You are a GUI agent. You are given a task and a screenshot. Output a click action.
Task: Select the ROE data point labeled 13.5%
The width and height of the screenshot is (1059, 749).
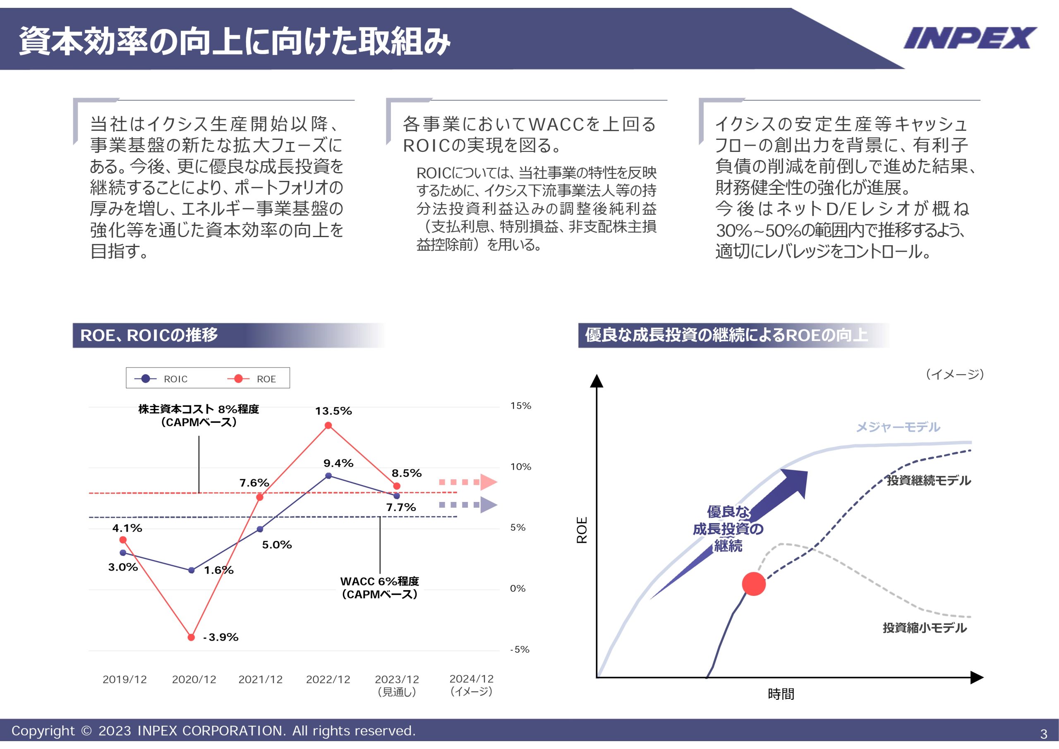pyautogui.click(x=328, y=425)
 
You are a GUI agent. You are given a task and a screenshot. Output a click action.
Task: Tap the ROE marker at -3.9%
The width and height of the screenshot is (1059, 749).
pyautogui.click(x=192, y=637)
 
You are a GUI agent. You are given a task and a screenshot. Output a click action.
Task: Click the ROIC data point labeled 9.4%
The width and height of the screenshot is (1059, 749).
pyautogui.click(x=328, y=476)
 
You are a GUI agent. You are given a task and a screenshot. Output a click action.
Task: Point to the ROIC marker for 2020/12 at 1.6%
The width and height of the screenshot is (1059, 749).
pyautogui.click(x=192, y=570)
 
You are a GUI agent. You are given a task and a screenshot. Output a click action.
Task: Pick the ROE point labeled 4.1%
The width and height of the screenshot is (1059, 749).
pyautogui.click(x=123, y=540)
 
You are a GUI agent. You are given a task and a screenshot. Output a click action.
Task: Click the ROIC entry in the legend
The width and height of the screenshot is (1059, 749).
pyautogui.click(x=161, y=379)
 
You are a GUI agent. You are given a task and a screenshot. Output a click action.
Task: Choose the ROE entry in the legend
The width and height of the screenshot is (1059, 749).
pyautogui.click(x=252, y=379)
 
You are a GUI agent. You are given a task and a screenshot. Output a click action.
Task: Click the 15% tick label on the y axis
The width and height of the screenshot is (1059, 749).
pyautogui.click(x=520, y=406)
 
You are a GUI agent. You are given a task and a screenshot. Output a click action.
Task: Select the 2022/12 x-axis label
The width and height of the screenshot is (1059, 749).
pyautogui.click(x=328, y=679)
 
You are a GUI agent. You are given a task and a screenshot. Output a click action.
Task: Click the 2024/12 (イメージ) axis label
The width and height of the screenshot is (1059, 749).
pyautogui.click(x=472, y=685)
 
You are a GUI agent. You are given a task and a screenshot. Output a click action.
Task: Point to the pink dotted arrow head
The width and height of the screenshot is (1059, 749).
pyautogui.click(x=489, y=482)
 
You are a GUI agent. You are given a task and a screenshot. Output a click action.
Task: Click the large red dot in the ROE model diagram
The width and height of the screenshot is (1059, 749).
pyautogui.click(x=754, y=584)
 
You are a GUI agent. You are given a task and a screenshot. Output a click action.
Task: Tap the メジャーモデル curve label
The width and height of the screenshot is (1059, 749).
pyautogui.click(x=898, y=427)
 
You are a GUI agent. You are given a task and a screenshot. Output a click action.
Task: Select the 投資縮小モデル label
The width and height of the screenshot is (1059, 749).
pyautogui.click(x=924, y=628)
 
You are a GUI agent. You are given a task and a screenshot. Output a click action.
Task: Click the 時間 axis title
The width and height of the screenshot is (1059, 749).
pyautogui.click(x=781, y=694)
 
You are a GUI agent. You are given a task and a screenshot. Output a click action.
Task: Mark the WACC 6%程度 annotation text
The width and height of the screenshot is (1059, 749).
pyautogui.click(x=380, y=588)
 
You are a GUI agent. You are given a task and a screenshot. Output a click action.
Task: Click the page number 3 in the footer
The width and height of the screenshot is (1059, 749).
pyautogui.click(x=1043, y=734)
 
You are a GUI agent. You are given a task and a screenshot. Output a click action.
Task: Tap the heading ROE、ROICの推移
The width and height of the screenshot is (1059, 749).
pyautogui.click(x=149, y=336)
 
